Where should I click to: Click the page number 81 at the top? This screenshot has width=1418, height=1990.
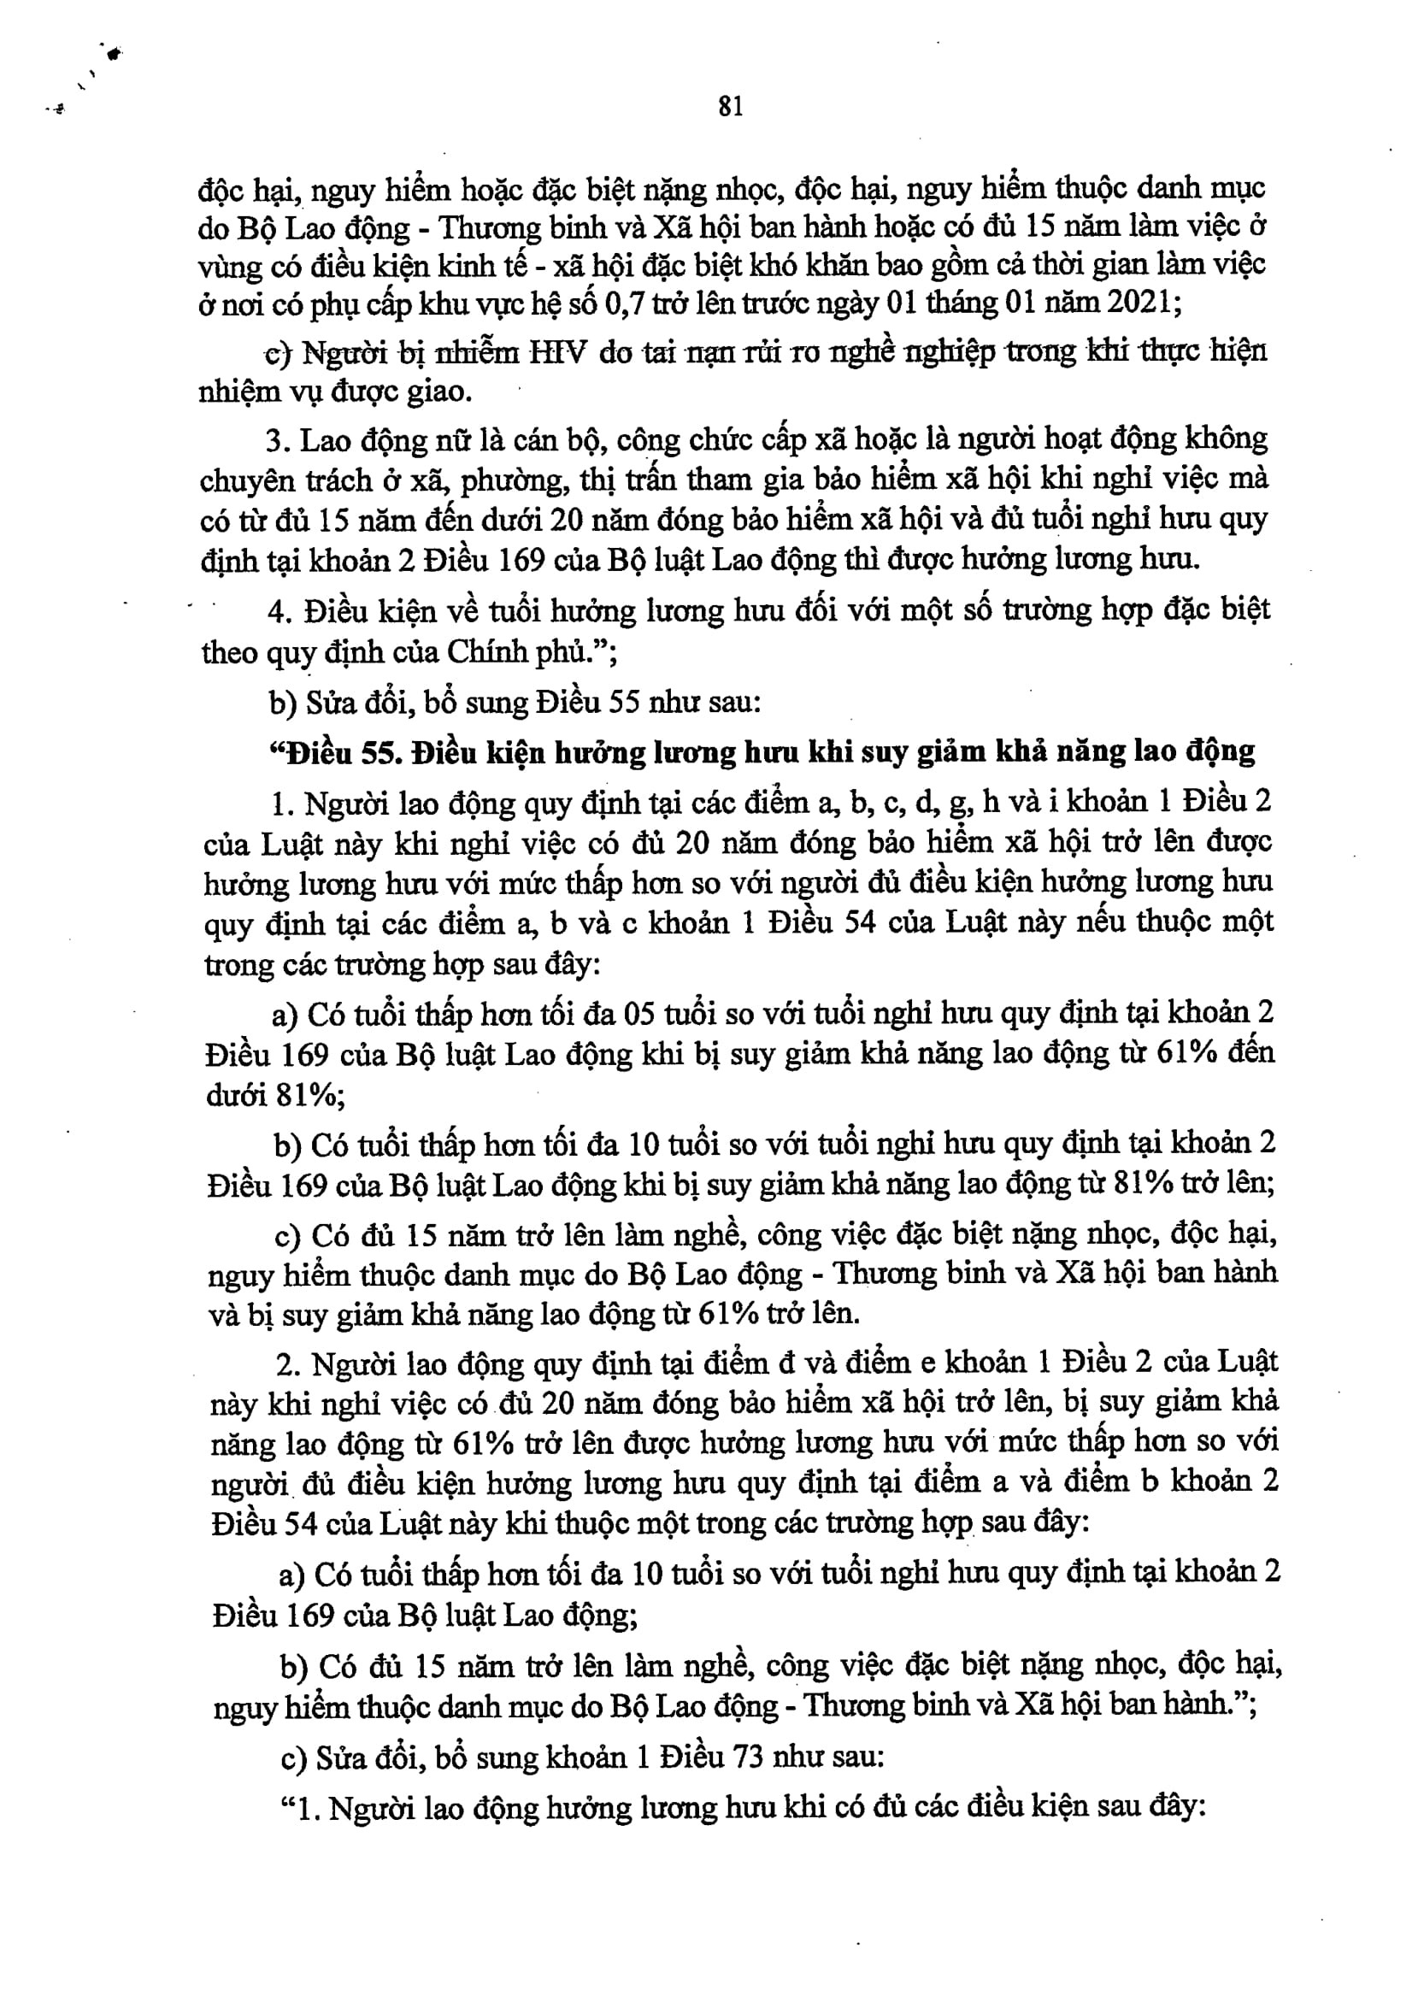click(x=731, y=107)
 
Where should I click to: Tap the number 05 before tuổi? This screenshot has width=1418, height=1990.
click(x=640, y=1014)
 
